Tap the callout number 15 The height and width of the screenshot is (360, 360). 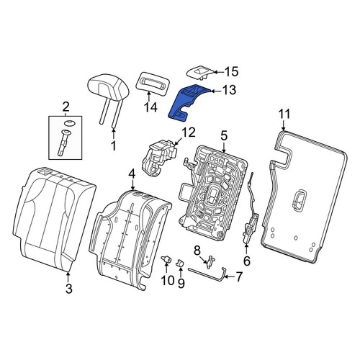point(231,71)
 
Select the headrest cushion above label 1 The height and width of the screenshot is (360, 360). point(109,88)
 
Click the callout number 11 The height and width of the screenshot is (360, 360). point(284,114)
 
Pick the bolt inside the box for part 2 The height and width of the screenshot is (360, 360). point(64,142)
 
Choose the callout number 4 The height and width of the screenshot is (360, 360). point(132,176)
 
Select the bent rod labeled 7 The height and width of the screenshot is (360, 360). point(207,274)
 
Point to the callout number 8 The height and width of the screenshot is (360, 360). point(197,251)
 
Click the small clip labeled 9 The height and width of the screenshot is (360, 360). point(181,263)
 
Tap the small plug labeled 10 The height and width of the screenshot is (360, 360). point(166,259)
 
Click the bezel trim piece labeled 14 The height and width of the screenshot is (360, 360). point(153,83)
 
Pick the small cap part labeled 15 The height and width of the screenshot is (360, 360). point(199,72)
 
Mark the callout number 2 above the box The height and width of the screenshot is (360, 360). point(66,107)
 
